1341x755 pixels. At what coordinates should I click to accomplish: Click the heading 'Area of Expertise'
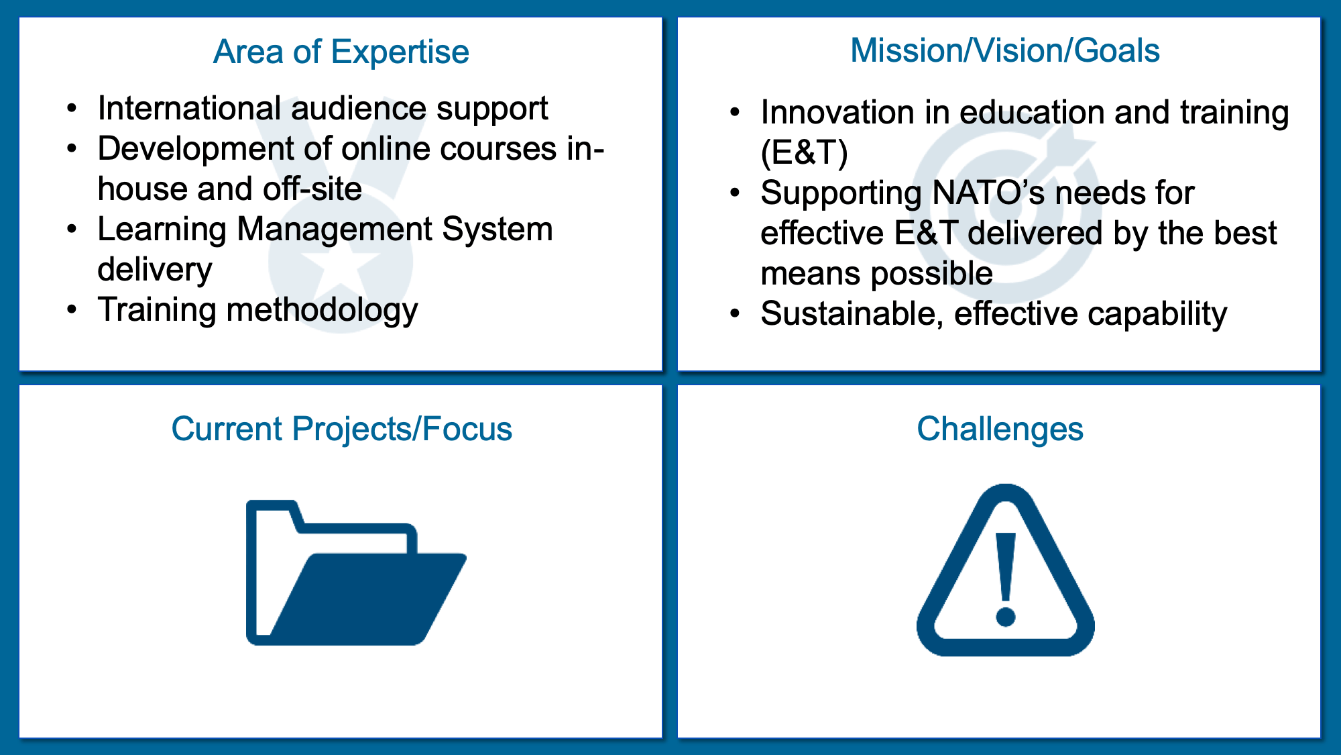341,52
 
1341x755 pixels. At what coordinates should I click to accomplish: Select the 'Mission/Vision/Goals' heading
1005,50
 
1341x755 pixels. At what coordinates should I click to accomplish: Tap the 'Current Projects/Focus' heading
341,430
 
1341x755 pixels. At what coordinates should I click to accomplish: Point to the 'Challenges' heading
1000,430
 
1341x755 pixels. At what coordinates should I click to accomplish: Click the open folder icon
356,572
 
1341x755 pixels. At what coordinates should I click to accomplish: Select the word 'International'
189,108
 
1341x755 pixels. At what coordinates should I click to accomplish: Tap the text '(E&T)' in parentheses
805,152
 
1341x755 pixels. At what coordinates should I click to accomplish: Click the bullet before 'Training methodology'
72,309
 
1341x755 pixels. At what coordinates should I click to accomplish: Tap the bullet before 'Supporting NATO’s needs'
736,193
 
